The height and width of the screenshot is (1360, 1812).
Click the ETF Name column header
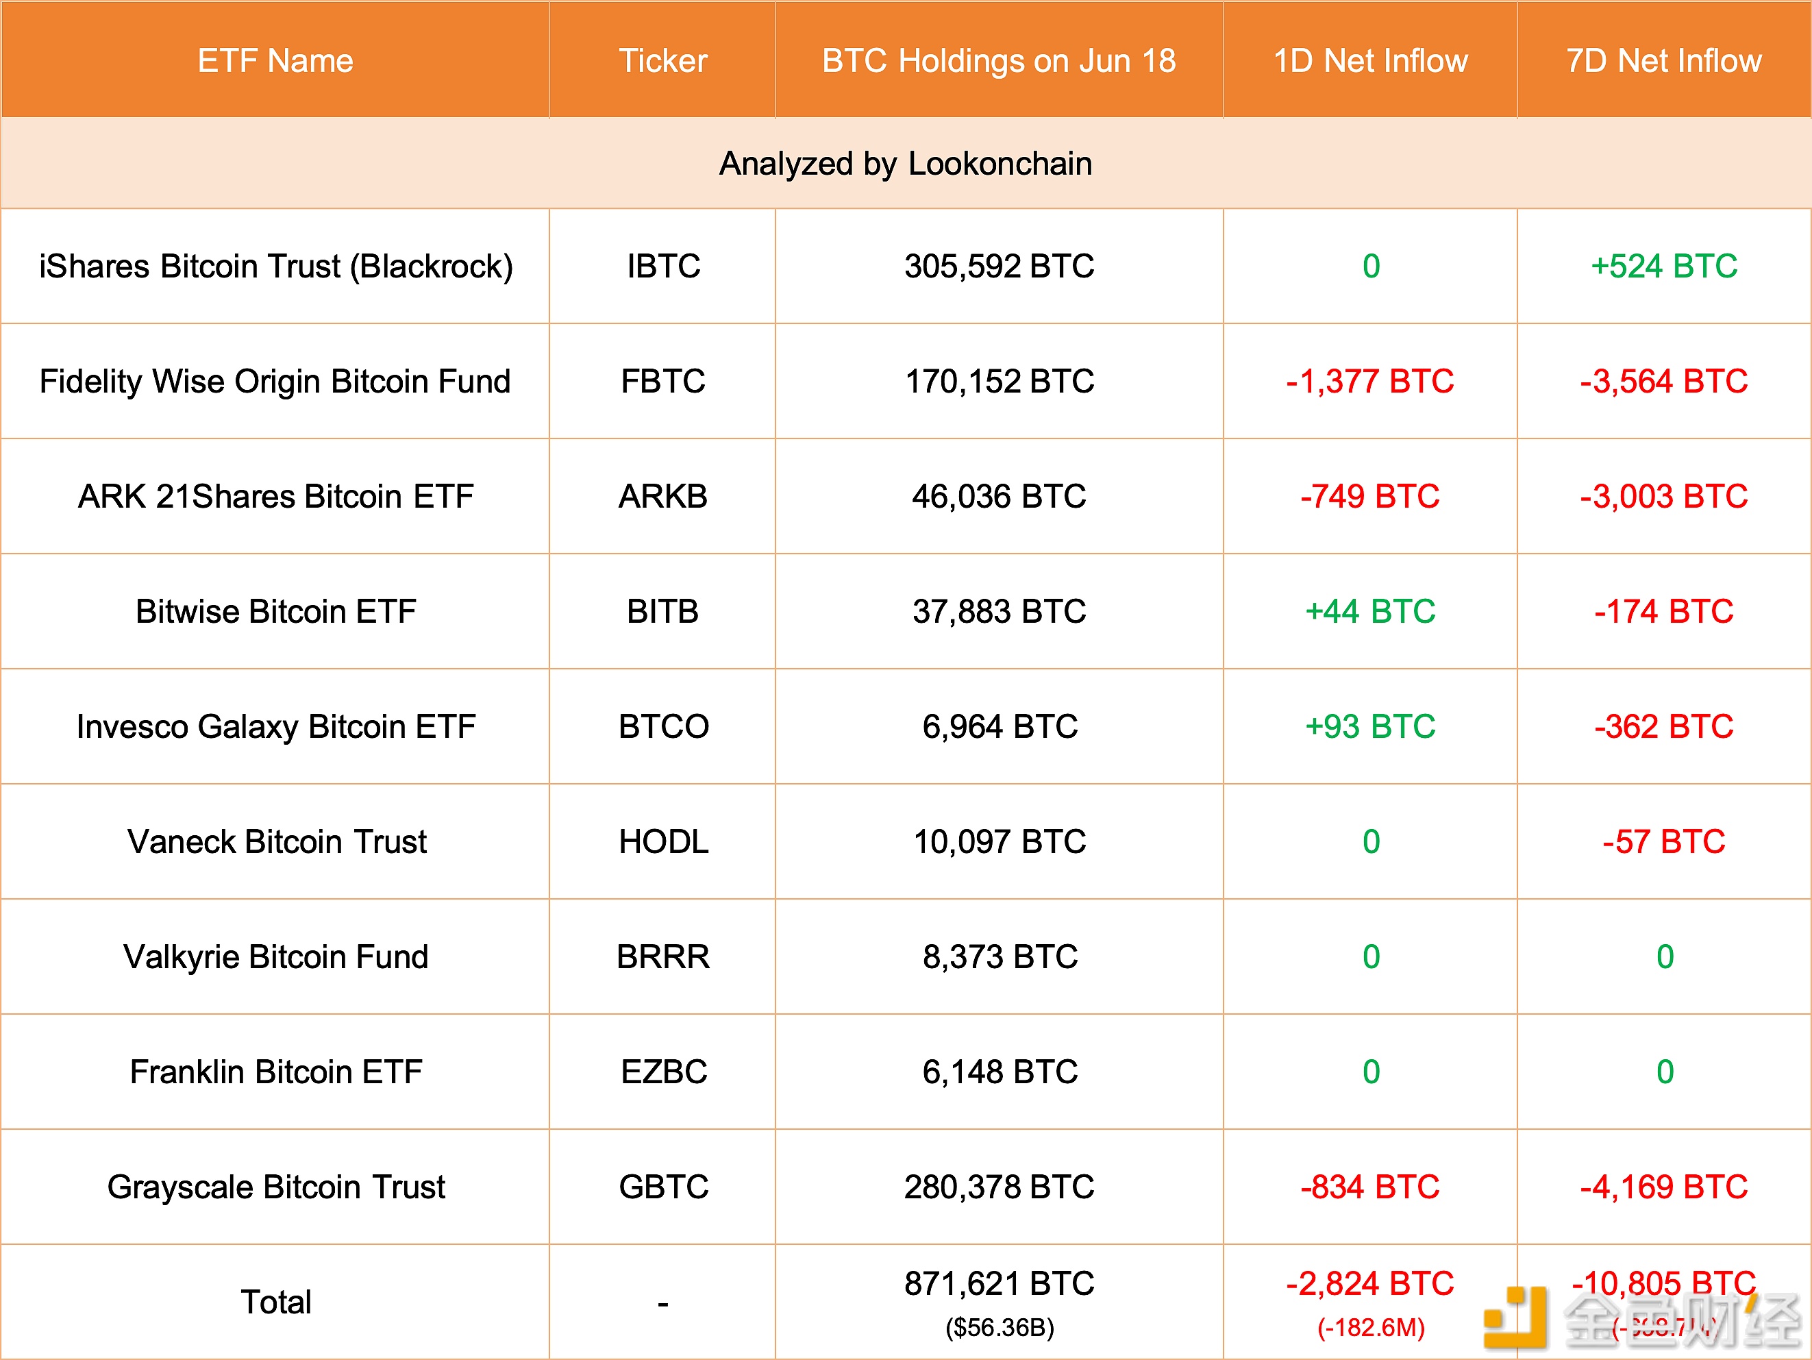point(275,60)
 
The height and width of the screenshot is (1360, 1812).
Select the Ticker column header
point(662,60)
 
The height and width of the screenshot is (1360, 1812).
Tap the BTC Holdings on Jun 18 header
point(999,60)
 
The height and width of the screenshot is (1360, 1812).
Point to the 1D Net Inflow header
point(1370,60)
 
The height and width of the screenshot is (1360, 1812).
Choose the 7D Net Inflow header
point(1664,60)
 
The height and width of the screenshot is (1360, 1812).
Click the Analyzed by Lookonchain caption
point(905,164)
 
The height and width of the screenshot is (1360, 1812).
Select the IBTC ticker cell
point(662,267)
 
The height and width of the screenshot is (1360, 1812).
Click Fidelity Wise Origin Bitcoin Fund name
point(275,382)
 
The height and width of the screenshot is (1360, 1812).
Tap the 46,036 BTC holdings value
point(999,497)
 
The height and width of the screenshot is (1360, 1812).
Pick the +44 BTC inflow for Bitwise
point(1370,612)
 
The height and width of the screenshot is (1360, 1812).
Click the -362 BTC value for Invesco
point(1664,727)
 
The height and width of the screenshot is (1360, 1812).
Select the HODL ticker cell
point(662,842)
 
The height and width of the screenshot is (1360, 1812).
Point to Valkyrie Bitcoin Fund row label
point(275,957)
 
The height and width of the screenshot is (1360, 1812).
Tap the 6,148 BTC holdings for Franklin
point(999,1072)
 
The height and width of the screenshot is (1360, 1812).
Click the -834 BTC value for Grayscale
point(1370,1187)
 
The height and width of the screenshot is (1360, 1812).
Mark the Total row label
point(275,1302)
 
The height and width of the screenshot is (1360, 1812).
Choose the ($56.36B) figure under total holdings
point(1000,1328)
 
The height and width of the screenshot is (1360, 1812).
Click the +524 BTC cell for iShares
point(1664,267)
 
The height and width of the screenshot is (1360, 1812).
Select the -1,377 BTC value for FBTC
point(1370,382)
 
